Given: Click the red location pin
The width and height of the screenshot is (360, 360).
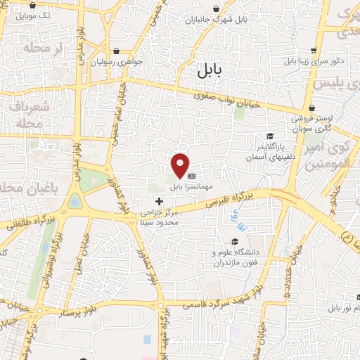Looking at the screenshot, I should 181,165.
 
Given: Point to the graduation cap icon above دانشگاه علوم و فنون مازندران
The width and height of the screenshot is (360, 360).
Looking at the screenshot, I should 235,241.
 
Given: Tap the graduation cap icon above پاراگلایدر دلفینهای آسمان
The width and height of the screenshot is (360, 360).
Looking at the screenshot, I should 269,136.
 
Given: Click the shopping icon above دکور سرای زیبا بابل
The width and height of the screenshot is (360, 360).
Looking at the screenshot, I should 314,51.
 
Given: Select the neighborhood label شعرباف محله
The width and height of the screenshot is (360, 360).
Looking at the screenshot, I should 28,114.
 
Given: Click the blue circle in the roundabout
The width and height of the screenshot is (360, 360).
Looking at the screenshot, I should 75,202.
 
